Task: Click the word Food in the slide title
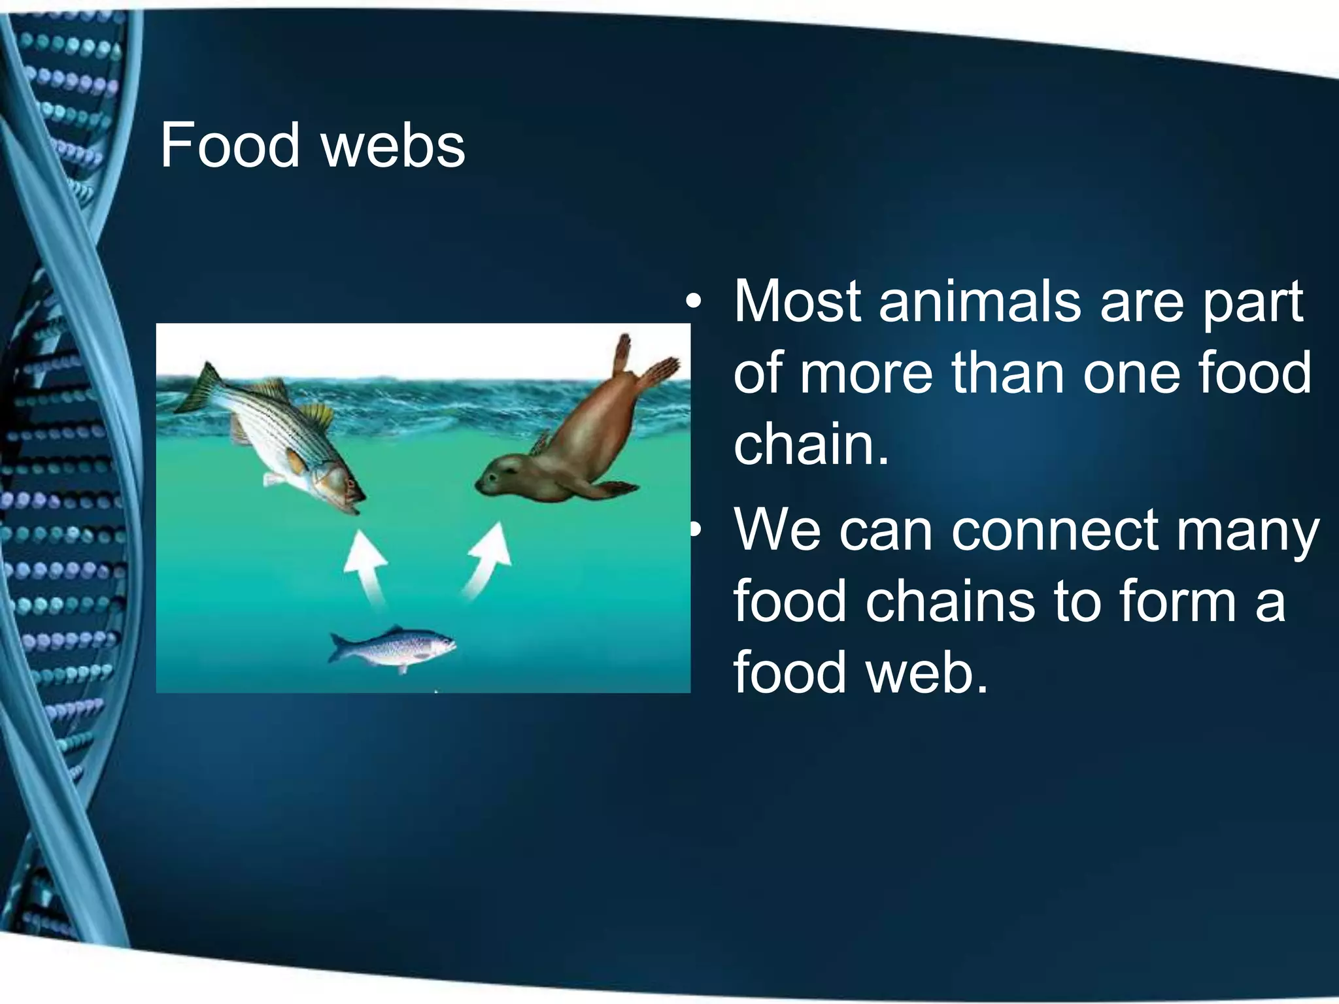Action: (x=229, y=145)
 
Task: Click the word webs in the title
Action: (x=394, y=145)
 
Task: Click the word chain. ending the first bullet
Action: (x=811, y=444)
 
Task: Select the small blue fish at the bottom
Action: (x=392, y=647)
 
